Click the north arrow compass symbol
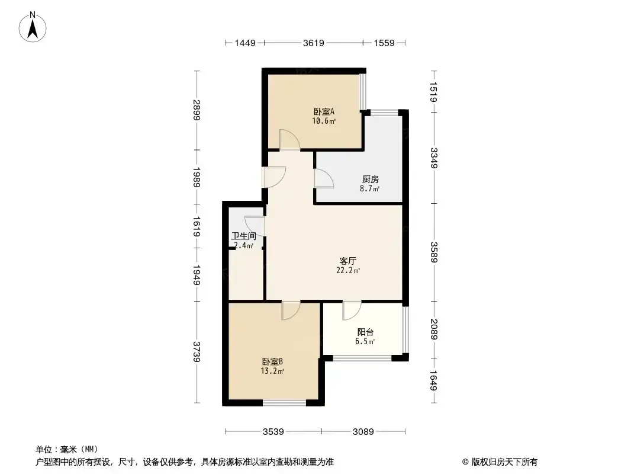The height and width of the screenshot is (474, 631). coord(33,27)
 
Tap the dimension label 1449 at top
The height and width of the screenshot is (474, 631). coord(245,43)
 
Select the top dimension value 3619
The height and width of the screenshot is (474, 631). coord(314,43)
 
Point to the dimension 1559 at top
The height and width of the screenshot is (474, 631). coord(384,43)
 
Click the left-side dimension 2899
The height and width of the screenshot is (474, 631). coord(197,110)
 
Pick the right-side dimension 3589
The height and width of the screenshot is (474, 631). coord(434,252)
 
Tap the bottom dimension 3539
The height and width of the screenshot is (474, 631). coord(273,432)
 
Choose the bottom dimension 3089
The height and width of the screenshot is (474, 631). coord(363,432)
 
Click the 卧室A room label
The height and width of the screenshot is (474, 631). coord(324,111)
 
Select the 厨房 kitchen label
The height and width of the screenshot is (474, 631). coord(370,179)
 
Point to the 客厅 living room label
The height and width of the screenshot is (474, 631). coord(348,261)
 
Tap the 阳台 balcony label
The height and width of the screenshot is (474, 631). coord(365,332)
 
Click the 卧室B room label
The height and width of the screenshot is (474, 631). coord(273,361)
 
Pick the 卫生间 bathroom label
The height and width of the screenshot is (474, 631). coord(244,236)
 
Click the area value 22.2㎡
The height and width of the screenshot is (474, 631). coord(348,271)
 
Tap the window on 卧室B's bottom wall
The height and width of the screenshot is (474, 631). coord(285,403)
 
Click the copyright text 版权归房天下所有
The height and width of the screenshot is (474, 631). coord(504,462)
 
